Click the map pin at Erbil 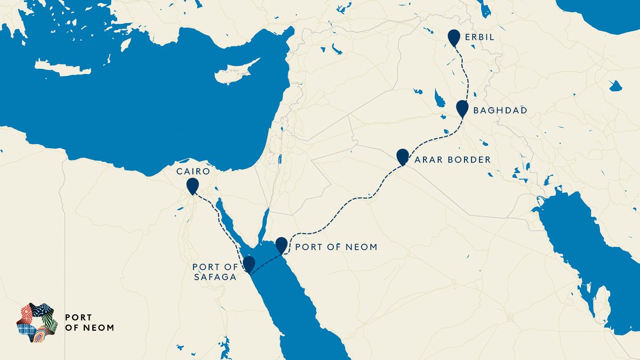click(x=454, y=37)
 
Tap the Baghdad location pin click(x=462, y=108)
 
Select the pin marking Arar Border click(x=403, y=156)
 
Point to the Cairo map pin click(x=192, y=186)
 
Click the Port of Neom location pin click(x=281, y=245)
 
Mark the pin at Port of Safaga click(x=248, y=263)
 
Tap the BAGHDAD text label click(x=500, y=110)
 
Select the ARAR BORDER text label click(x=452, y=159)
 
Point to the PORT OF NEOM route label click(x=336, y=247)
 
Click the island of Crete click(x=59, y=68)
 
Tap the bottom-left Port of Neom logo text click(x=89, y=322)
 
